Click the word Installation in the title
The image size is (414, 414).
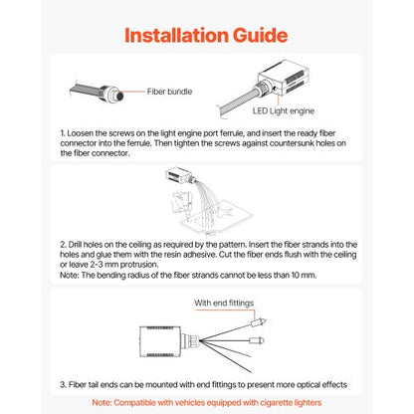click(x=176, y=35)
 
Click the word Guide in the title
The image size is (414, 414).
click(x=260, y=35)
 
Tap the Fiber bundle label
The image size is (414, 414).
click(x=169, y=92)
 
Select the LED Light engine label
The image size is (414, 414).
click(x=284, y=111)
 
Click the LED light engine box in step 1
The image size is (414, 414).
click(x=284, y=78)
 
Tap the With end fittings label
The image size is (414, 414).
click(x=224, y=303)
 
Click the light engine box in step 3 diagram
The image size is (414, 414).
click(x=160, y=341)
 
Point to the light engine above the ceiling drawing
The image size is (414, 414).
click(x=178, y=175)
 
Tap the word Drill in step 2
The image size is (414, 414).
click(x=75, y=245)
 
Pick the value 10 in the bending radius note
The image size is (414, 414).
click(x=296, y=275)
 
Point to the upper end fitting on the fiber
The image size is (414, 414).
click(x=258, y=322)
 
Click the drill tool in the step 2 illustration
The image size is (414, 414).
click(x=181, y=205)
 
